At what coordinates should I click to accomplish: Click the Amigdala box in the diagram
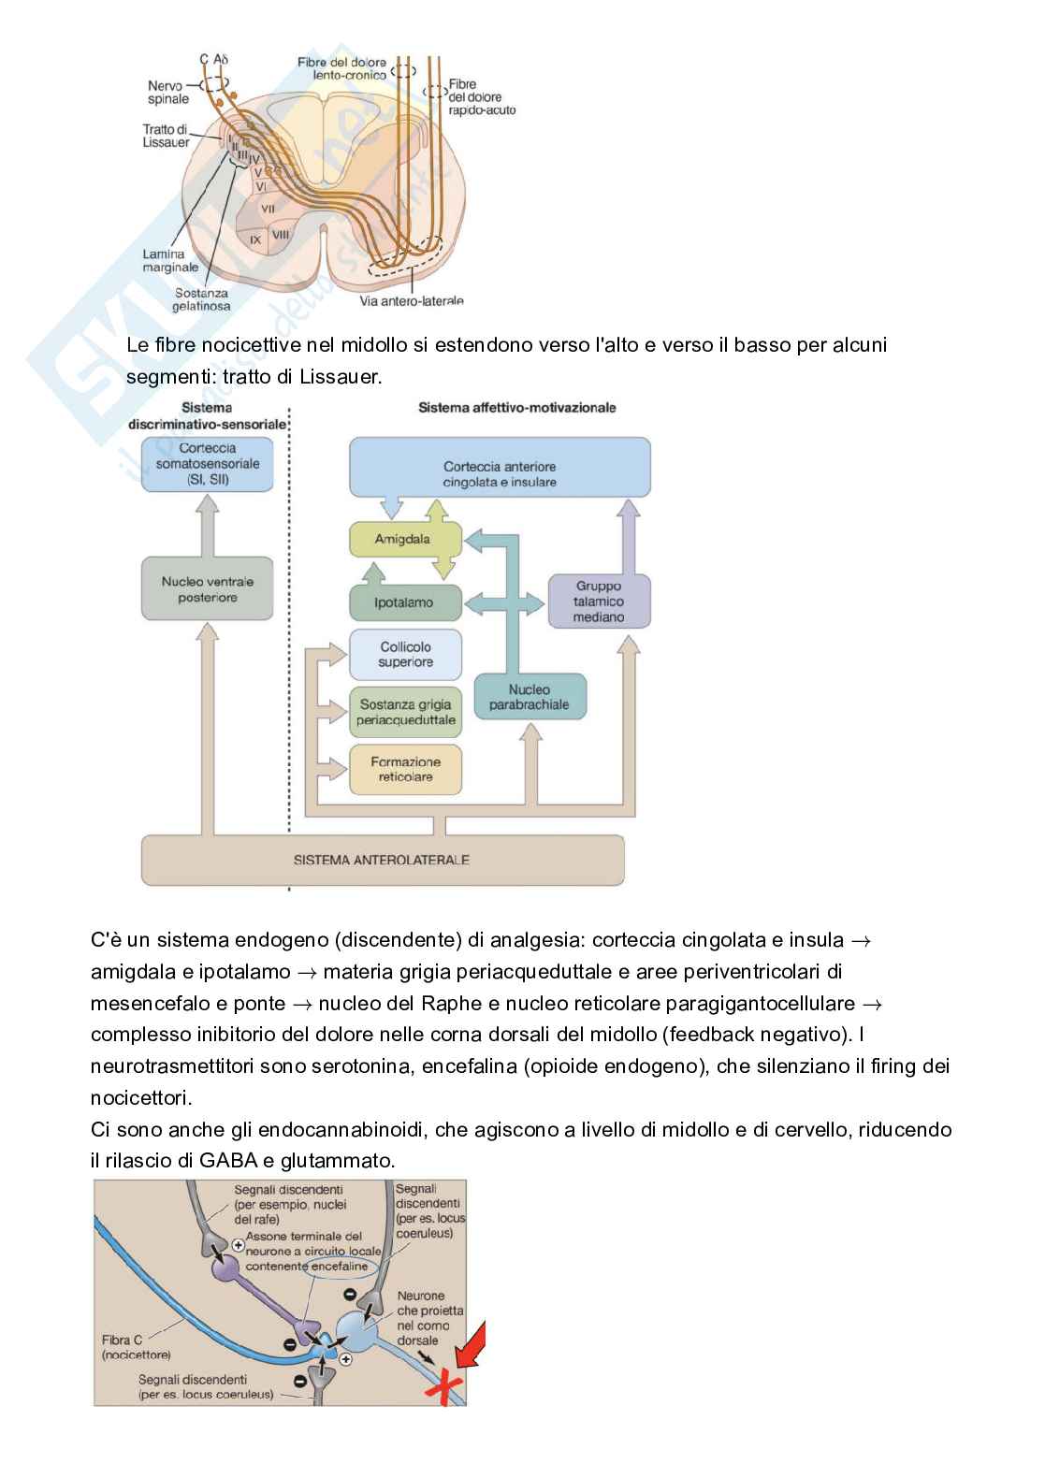[x=404, y=540]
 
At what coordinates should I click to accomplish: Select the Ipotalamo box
[x=404, y=603]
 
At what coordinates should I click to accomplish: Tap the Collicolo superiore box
[x=405, y=655]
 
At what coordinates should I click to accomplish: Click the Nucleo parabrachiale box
[x=530, y=697]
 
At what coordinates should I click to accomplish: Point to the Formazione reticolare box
[x=405, y=769]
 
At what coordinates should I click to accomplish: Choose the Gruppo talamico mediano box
[x=599, y=601]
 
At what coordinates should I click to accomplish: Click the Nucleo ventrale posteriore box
[x=207, y=589]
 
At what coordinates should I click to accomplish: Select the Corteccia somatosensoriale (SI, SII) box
[x=207, y=464]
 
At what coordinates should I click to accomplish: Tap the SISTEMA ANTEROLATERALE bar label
[x=382, y=860]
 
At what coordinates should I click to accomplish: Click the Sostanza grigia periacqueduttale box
[x=405, y=713]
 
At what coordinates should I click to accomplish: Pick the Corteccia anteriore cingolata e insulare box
[x=500, y=474]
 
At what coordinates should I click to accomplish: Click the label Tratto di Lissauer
[x=166, y=136]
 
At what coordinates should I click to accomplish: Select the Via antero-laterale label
[x=412, y=300]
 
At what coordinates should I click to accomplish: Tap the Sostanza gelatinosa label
[x=201, y=299]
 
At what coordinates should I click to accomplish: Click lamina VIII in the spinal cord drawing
[x=280, y=238]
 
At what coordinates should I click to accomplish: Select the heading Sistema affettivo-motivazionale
[x=516, y=408]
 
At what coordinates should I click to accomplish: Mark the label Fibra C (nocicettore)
[x=136, y=1347]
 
